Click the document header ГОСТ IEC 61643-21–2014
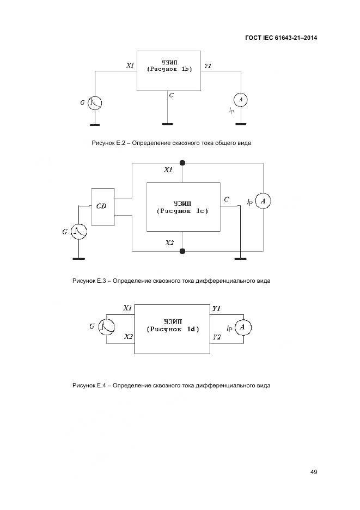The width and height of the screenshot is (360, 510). click(x=281, y=38)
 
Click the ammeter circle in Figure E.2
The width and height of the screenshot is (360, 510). click(x=240, y=100)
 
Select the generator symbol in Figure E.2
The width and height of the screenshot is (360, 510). click(x=96, y=102)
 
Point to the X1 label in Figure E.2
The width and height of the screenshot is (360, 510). click(x=130, y=66)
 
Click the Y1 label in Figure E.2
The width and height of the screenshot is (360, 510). click(x=208, y=66)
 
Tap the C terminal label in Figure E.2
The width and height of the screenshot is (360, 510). click(x=172, y=95)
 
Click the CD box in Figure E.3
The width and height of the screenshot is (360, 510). click(x=102, y=207)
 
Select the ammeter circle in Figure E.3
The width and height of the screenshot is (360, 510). click(x=263, y=202)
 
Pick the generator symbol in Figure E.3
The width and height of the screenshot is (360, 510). click(x=79, y=232)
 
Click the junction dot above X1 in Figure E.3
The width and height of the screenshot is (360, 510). click(x=182, y=162)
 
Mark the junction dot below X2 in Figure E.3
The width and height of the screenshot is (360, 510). click(x=182, y=251)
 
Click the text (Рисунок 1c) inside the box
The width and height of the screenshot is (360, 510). click(x=182, y=210)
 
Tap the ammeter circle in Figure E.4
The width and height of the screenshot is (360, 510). click(x=243, y=327)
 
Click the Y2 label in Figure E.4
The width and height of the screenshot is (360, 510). click(x=216, y=337)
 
